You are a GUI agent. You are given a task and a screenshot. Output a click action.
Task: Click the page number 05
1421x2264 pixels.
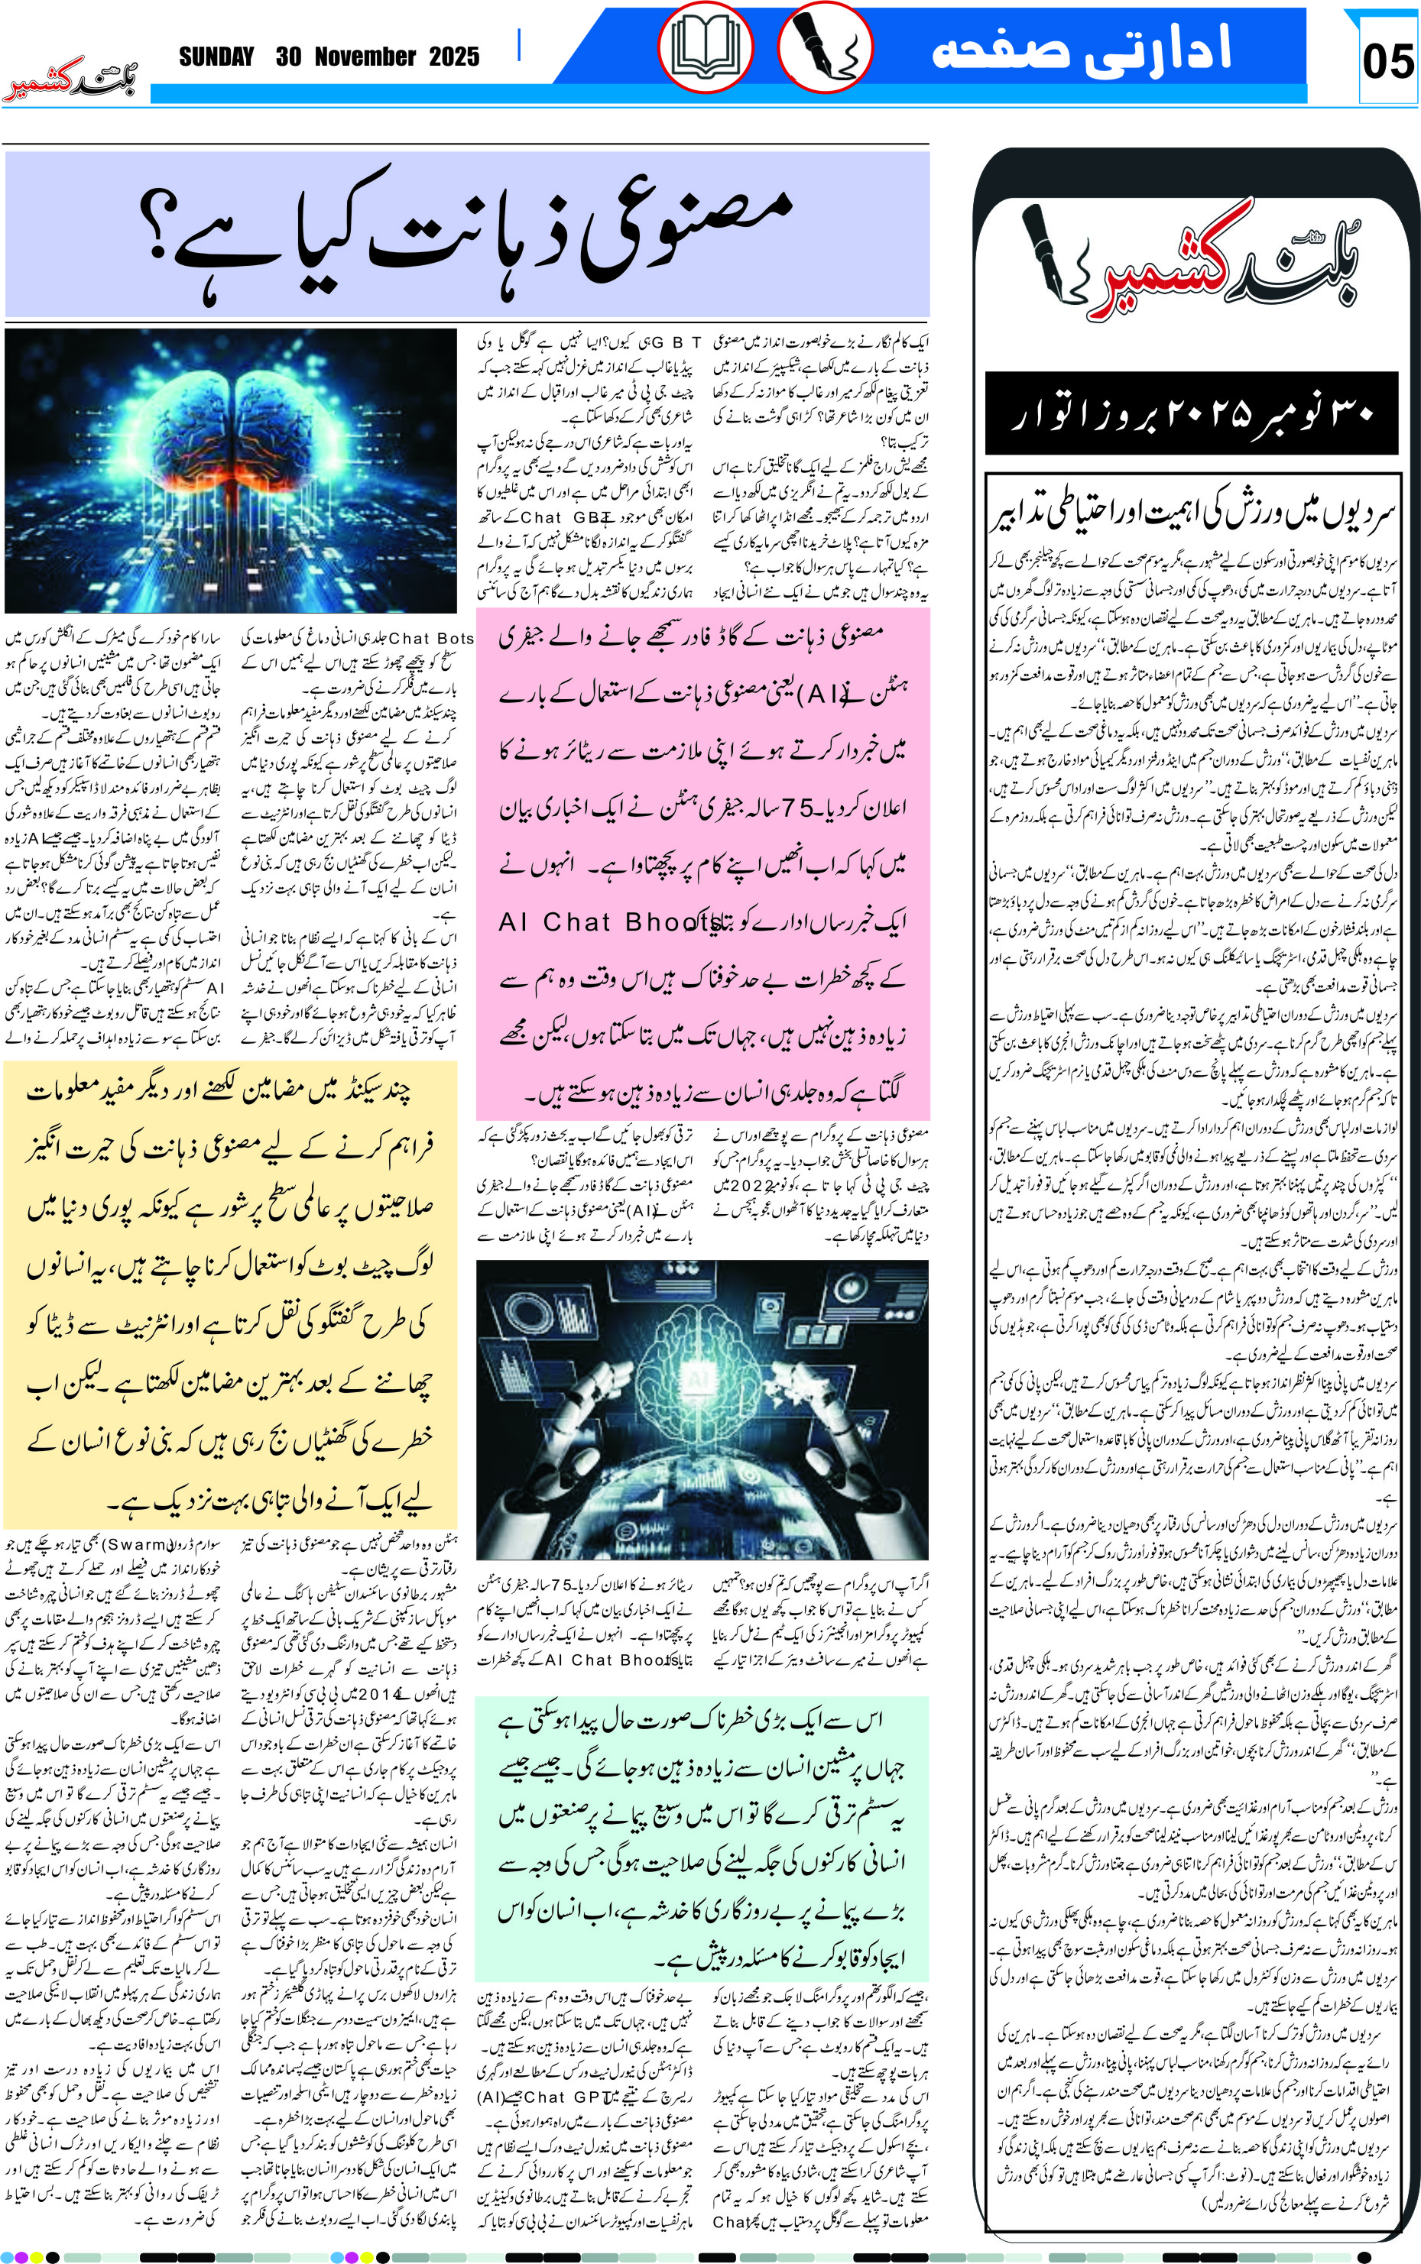tap(1387, 62)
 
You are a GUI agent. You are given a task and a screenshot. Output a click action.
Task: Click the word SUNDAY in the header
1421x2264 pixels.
tap(216, 57)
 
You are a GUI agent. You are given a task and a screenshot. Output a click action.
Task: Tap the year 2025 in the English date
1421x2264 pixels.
tap(454, 57)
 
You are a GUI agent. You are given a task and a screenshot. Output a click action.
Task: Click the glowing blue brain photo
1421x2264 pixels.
tap(230, 470)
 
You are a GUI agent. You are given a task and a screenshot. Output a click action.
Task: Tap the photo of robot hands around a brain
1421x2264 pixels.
tap(702, 1409)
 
